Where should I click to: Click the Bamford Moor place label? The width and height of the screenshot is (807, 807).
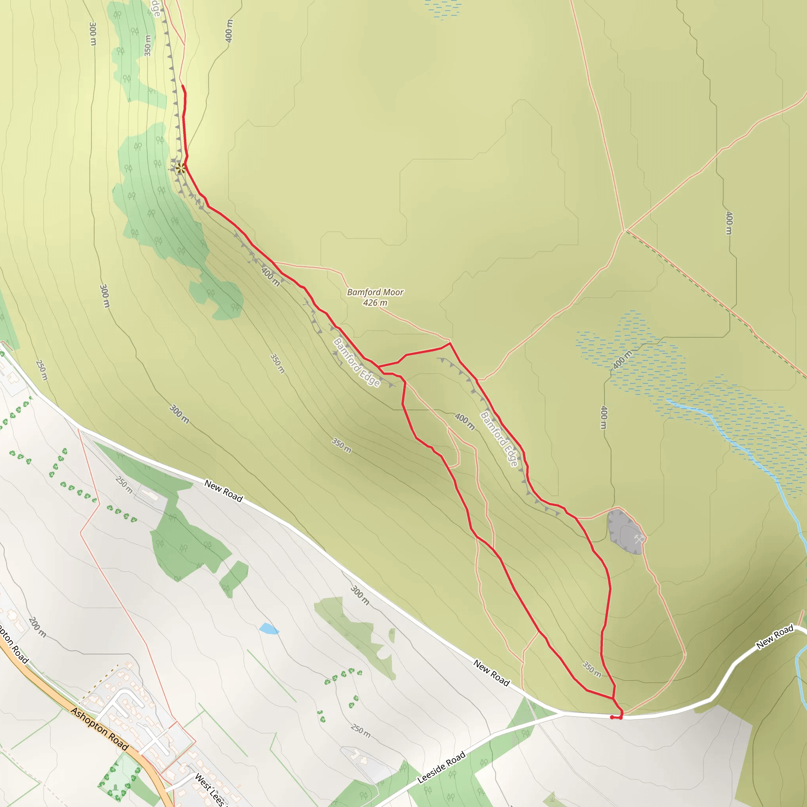click(375, 292)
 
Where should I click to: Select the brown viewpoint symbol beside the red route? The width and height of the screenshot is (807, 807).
click(180, 169)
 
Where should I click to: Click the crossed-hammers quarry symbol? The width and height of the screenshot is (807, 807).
click(639, 539)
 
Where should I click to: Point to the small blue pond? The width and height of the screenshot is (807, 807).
click(268, 628)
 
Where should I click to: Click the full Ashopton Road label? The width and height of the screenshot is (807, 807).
click(99, 729)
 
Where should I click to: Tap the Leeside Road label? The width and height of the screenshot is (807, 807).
click(441, 767)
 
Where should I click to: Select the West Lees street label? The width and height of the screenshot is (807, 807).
click(210, 789)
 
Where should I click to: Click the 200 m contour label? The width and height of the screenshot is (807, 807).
click(37, 627)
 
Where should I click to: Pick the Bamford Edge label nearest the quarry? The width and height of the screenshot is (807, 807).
click(499, 439)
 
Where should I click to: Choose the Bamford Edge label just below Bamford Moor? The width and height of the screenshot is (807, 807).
click(357, 362)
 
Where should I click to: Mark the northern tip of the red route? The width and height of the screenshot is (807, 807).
click(182, 86)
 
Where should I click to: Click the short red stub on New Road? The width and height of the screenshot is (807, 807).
click(616, 718)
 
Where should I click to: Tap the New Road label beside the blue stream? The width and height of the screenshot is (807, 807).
click(774, 638)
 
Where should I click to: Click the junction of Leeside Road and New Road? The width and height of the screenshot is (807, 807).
click(562, 714)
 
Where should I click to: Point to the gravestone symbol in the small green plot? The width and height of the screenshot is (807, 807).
click(115, 787)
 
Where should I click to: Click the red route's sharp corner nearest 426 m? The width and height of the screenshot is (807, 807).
click(450, 343)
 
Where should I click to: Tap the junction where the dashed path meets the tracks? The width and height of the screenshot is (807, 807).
click(625, 230)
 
